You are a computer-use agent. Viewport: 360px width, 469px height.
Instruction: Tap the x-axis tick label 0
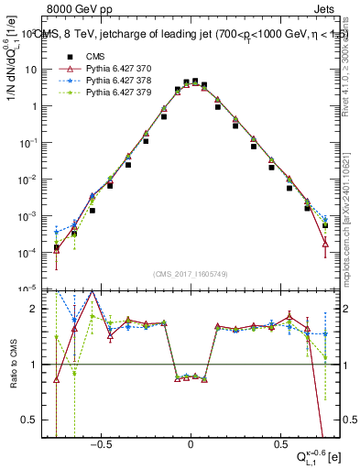click(x=191, y=442)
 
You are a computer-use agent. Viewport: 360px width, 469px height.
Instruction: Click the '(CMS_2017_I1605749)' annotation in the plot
click(x=190, y=274)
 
